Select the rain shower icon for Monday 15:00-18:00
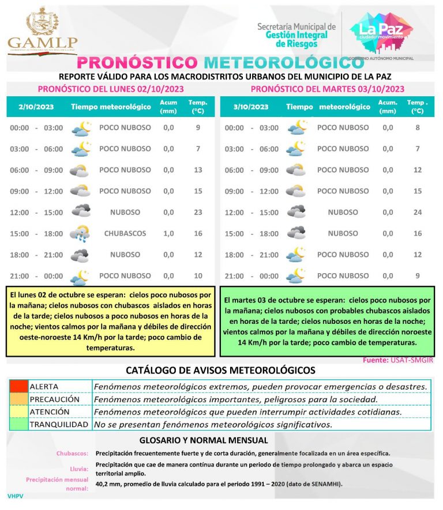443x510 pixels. pos(80,234)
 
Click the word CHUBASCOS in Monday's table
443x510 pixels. pos(125,233)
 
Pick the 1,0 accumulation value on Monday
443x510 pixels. pos(168,233)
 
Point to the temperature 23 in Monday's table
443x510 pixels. pos(198,212)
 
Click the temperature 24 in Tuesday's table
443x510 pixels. pos(418,212)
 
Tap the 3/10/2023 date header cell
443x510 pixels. pos(251,107)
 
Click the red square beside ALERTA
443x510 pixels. pos(18,386)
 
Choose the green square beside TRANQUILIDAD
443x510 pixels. pos(18,425)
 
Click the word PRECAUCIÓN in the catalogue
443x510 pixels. pos(54,399)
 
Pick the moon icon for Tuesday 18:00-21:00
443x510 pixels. pos(296,255)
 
